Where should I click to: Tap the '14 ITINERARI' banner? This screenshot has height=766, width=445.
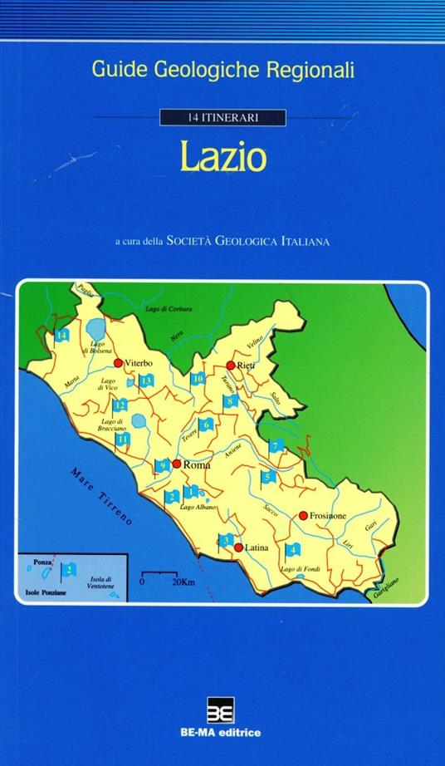pyautogui.click(x=222, y=118)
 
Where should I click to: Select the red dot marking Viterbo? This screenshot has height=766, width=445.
pyautogui.click(x=119, y=362)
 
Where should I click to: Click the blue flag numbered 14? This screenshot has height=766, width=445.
pyautogui.click(x=62, y=336)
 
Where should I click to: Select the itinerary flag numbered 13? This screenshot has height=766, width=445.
pyautogui.click(x=146, y=381)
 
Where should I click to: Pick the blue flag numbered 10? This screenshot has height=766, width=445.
pyautogui.click(x=198, y=380)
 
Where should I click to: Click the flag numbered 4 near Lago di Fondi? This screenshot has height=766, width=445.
pyautogui.click(x=292, y=550)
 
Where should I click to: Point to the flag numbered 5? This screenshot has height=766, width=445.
pyautogui.click(x=267, y=478)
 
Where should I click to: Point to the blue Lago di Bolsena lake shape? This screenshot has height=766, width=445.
pyautogui.click(x=96, y=330)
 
